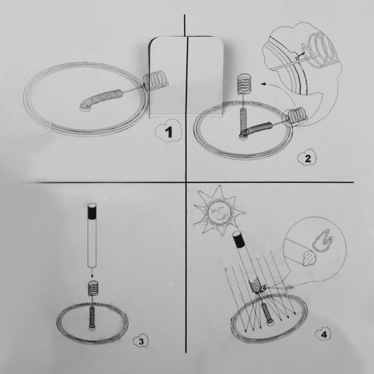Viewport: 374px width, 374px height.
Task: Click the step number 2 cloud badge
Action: coord(307,158)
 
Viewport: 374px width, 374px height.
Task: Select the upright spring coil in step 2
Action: coord(245,84)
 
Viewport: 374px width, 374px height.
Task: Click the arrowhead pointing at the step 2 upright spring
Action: coord(263,84)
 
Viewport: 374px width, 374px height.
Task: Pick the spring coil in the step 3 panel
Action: coord(92,288)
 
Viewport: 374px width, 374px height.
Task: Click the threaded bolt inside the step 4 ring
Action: coord(267,315)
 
